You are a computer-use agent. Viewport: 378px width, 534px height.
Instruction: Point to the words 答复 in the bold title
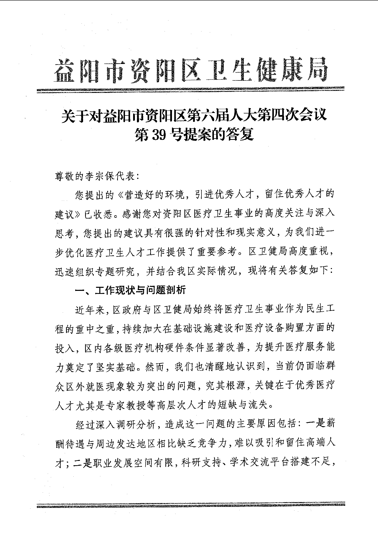click(x=241, y=134)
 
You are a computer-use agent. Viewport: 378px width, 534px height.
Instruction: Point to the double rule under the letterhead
click(x=191, y=90)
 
